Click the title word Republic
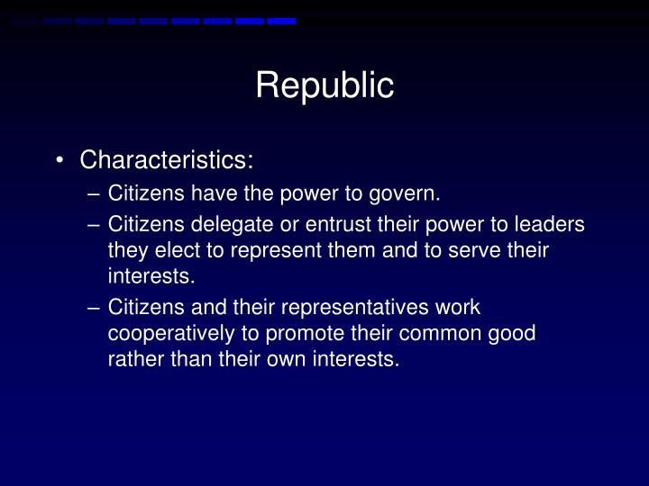[x=324, y=85]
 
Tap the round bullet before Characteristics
[x=59, y=161]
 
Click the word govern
[x=410, y=193]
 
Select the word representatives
[x=348, y=308]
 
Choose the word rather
[x=132, y=359]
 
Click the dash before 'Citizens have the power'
[x=96, y=193]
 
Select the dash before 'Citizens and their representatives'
[x=96, y=308]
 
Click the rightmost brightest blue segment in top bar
[x=281, y=21]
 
